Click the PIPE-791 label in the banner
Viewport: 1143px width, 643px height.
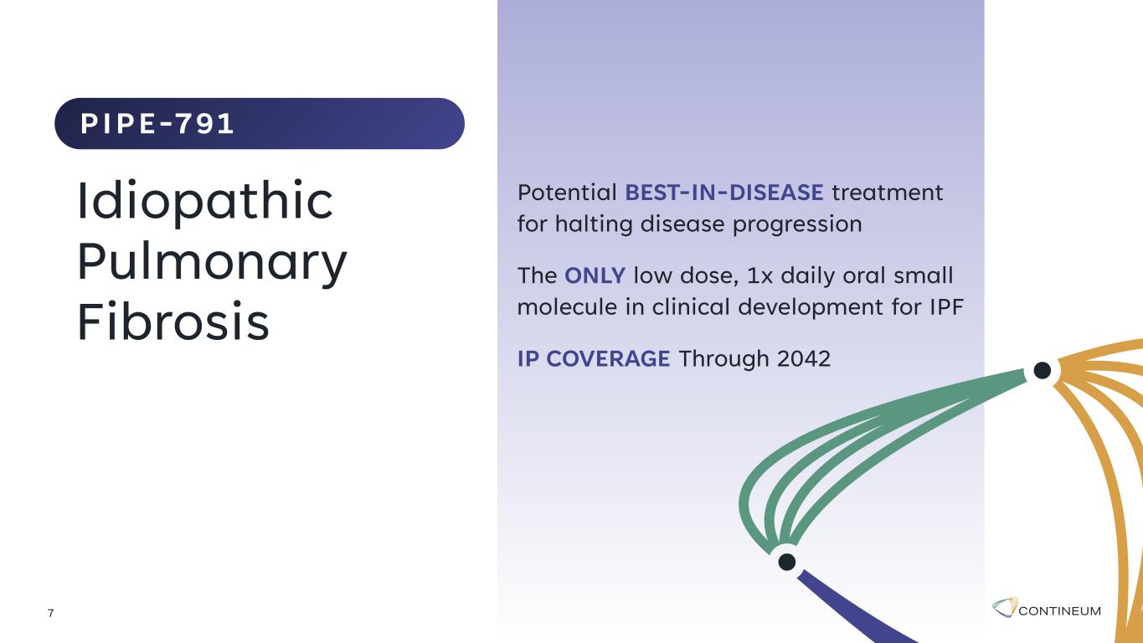coord(157,124)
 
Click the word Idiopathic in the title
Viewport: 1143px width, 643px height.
coord(205,202)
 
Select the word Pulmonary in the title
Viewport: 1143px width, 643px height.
coord(213,263)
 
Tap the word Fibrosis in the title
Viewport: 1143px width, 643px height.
coord(173,321)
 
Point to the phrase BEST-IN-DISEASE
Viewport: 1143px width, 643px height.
coord(724,193)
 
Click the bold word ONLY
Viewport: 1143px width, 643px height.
coord(595,275)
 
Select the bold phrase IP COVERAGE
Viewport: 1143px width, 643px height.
coord(594,358)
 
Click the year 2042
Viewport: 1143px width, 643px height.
coord(804,358)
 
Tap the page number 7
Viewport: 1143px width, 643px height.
coord(50,613)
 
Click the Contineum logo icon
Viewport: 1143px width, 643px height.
coord(1005,607)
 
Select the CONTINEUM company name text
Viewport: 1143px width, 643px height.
coord(1060,611)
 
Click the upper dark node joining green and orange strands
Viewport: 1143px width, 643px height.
coord(1042,370)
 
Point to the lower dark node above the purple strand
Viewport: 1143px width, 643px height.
coord(787,562)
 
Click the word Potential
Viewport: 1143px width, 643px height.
coord(568,193)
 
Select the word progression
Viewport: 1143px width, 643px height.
coord(797,225)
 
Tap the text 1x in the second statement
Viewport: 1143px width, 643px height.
coord(759,276)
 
